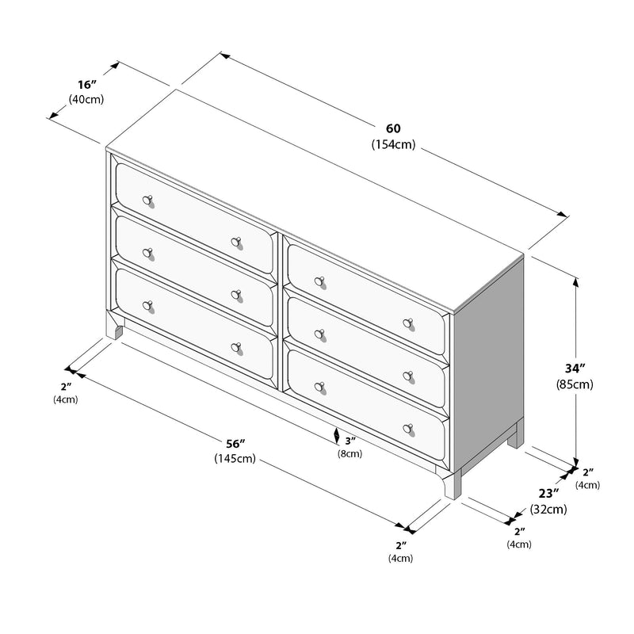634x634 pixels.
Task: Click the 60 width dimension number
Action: pyautogui.click(x=394, y=128)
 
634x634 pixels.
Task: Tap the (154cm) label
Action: pyautogui.click(x=393, y=144)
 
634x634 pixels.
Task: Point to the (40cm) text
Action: pyautogui.click(x=86, y=99)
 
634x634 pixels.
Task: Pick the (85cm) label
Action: pyautogui.click(x=575, y=385)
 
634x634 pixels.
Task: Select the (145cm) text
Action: pyautogui.click(x=234, y=458)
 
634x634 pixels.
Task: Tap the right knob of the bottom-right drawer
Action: pyautogui.click(x=408, y=429)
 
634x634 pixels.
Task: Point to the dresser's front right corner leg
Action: pyautogui.click(x=452, y=484)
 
